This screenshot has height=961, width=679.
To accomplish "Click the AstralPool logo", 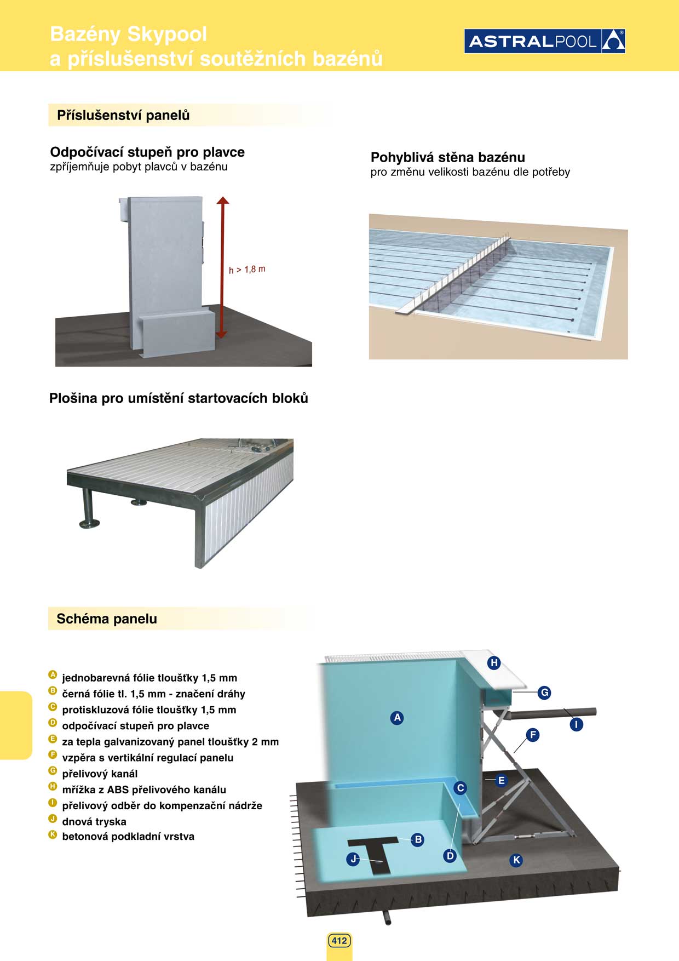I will (544, 41).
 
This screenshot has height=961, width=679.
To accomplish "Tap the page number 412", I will (339, 941).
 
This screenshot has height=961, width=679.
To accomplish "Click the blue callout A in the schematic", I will (397, 717).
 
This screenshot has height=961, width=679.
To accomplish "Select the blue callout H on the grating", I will (494, 663).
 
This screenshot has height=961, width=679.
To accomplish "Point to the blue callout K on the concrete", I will (516, 860).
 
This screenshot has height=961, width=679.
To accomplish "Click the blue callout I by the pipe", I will (576, 724).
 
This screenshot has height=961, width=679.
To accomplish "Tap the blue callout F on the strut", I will (532, 735).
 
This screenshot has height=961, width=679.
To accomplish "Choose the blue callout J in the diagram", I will (354, 859).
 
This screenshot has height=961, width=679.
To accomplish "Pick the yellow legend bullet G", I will (53, 771).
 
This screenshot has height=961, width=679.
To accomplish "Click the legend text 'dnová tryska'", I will (94, 821).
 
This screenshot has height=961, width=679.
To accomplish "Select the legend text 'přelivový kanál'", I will (100, 774).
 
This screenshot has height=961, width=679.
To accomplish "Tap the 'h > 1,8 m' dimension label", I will (247, 270).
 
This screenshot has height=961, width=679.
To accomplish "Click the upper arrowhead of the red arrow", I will (222, 201).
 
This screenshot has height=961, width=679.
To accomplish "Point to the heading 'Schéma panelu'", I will (107, 619).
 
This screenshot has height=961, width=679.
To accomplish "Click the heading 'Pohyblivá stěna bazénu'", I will (447, 157).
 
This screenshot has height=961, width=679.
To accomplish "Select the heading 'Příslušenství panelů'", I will (123, 115).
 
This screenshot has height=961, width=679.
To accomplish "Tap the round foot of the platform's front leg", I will (89, 524).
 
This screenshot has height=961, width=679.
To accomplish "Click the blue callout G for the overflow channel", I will (544, 693).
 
